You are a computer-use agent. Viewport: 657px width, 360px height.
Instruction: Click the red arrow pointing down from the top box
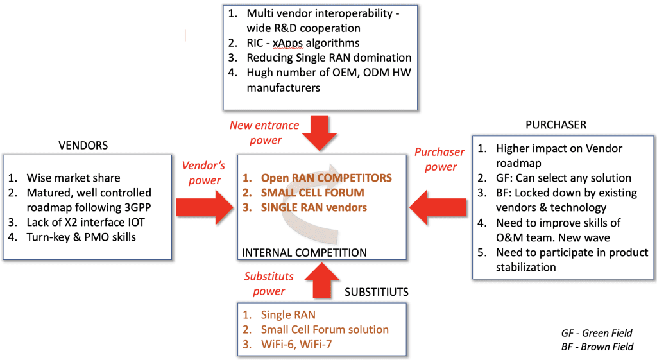[320, 130]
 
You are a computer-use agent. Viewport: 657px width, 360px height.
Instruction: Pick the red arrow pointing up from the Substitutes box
[320, 280]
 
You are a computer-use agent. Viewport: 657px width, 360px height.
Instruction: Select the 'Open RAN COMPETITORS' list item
[325, 177]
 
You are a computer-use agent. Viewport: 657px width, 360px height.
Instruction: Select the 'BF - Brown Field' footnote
[596, 347]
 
